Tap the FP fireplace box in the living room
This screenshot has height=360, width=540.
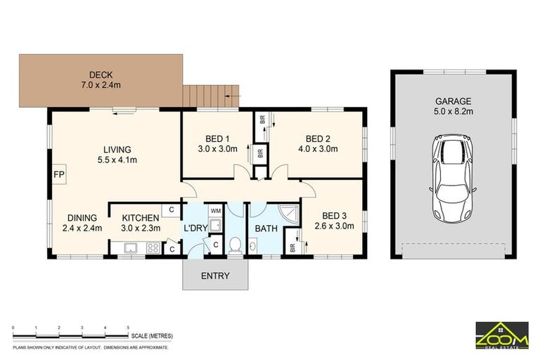pyautogui.click(x=59, y=174)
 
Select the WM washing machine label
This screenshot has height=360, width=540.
pyautogui.click(x=216, y=210)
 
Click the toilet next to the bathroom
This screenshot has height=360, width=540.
pyautogui.click(x=236, y=245)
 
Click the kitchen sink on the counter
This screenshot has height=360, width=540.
pyautogui.click(x=131, y=248)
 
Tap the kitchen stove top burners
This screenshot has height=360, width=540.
pyautogui.click(x=153, y=248)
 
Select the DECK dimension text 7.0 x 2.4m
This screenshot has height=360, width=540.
pyautogui.click(x=101, y=85)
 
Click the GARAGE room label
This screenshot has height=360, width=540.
pyautogui.click(x=454, y=101)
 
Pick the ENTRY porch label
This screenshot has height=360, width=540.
pyautogui.click(x=215, y=276)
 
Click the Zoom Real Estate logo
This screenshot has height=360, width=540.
pyautogui.click(x=502, y=335)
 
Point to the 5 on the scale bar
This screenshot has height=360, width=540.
pyautogui.click(x=128, y=328)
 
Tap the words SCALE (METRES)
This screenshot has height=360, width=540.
pyautogui.click(x=152, y=336)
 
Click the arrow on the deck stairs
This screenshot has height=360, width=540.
pyautogui.click(x=232, y=96)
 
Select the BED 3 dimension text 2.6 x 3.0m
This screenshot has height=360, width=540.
pyautogui.click(x=334, y=226)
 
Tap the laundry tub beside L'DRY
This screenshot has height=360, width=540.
pyautogui.click(x=217, y=225)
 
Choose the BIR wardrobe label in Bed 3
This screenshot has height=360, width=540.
pyautogui.click(x=292, y=247)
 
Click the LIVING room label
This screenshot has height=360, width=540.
pyautogui.click(x=117, y=150)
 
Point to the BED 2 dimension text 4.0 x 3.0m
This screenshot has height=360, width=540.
pyautogui.click(x=318, y=149)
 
